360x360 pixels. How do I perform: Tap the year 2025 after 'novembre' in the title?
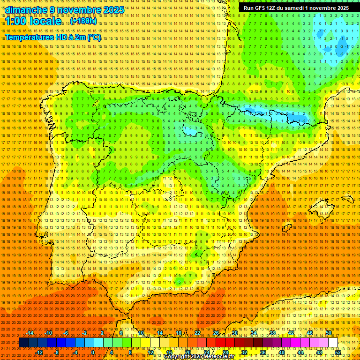click(x=113, y=10)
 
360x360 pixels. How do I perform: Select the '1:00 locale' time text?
click(x=33, y=22)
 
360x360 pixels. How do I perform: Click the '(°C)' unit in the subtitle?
click(x=94, y=37)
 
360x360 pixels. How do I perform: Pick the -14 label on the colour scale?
click(x=30, y=333)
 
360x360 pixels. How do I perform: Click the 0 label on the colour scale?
click(x=93, y=352)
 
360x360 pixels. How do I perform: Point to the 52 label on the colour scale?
click(x=337, y=352)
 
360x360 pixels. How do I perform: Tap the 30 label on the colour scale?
click(x=234, y=333)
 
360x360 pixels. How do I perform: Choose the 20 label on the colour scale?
click(x=187, y=352)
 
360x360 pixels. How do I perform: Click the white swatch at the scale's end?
click(x=333, y=343)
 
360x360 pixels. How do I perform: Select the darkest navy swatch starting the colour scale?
click(x=23, y=343)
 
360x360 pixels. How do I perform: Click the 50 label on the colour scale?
click(x=329, y=333)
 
